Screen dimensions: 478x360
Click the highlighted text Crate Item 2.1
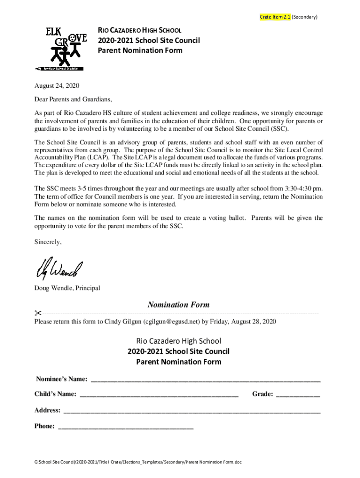pyautogui.click(x=275, y=17)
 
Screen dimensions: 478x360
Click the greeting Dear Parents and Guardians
pyautogui.click(x=73, y=99)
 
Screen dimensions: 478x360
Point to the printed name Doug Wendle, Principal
pyautogui.click(x=67, y=288)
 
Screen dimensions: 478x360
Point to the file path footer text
pyautogui.click(x=138, y=462)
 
